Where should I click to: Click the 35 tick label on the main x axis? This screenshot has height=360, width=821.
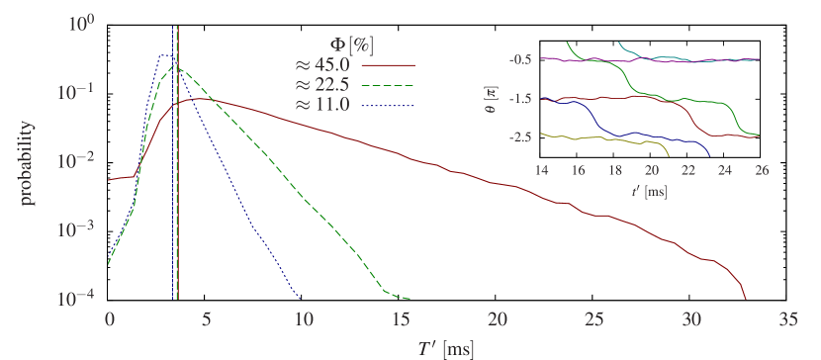(x=787, y=320)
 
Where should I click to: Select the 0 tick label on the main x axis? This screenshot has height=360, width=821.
(x=109, y=320)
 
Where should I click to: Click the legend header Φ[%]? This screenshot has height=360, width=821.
(x=350, y=44)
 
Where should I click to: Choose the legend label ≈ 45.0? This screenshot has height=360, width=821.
(x=321, y=65)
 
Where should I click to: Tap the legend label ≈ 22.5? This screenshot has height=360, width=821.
(x=321, y=84)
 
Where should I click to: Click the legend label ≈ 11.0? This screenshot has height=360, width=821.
(x=321, y=104)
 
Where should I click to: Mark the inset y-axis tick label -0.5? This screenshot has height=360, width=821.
(x=521, y=60)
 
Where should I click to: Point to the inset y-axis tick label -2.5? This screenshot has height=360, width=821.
(x=521, y=136)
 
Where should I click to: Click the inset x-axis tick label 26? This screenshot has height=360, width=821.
(x=761, y=170)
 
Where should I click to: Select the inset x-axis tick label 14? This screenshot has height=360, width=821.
(x=542, y=170)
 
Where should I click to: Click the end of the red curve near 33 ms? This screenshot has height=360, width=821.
(x=745, y=296)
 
